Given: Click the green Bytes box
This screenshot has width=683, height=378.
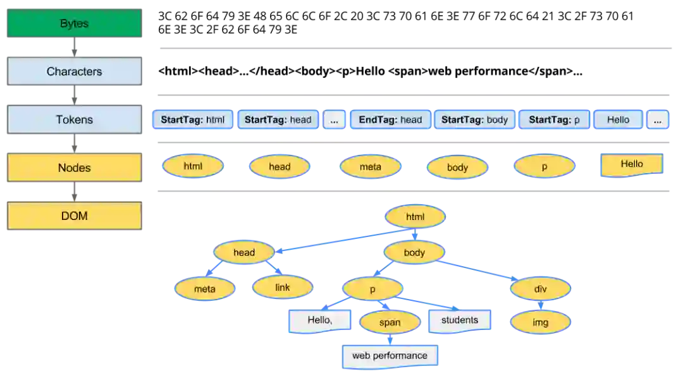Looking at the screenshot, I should click(x=75, y=23).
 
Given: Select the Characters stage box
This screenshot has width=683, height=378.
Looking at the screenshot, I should click(x=74, y=71).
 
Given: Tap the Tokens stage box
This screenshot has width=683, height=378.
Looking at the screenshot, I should click(x=74, y=119).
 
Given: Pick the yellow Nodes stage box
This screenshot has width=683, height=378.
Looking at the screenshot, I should click(x=74, y=168).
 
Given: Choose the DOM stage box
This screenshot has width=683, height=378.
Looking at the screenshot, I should click(x=74, y=216).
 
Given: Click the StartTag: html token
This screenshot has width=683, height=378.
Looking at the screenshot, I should click(x=192, y=119).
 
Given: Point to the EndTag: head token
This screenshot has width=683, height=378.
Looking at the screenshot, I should click(x=390, y=119).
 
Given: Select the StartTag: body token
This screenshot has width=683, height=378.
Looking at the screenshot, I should click(x=474, y=119).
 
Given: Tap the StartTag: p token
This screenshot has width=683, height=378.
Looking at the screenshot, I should click(x=554, y=119).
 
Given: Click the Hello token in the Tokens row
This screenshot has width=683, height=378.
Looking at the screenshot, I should click(x=618, y=119).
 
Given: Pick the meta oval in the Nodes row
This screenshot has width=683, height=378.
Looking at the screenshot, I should click(x=370, y=167).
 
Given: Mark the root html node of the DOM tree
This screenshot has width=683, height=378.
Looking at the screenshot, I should click(x=415, y=217).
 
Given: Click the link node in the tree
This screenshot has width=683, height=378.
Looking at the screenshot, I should click(x=282, y=288).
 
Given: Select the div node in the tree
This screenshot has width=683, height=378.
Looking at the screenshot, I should click(x=540, y=289).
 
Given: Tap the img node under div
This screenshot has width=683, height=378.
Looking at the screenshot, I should click(x=540, y=322).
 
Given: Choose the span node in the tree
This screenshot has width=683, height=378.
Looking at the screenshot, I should click(x=390, y=322).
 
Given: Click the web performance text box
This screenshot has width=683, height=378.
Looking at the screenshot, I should click(x=390, y=355).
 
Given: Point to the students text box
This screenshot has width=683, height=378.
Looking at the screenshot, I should click(x=460, y=320).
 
